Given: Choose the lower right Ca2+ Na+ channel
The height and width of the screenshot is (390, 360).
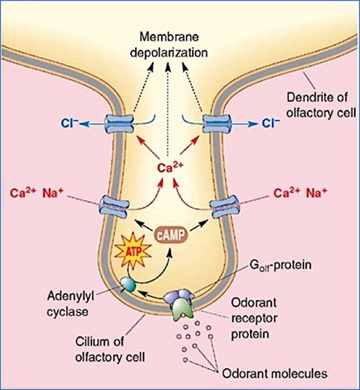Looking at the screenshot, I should tap(223, 206).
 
